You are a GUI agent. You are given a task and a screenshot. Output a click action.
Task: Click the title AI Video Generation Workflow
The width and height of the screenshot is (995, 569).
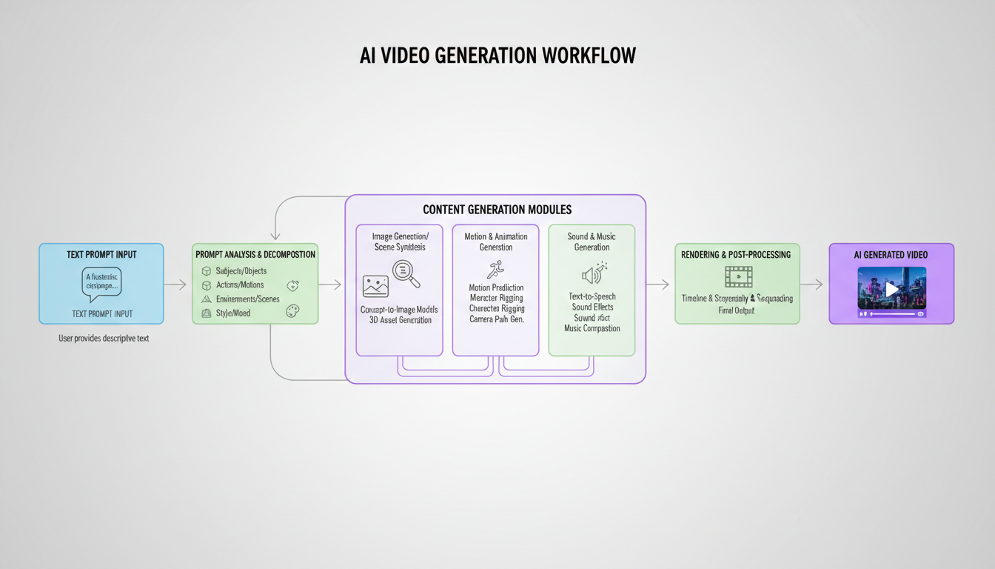coord(497,56)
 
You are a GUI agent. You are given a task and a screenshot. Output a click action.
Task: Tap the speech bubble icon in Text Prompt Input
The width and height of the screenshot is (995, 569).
coord(101,284)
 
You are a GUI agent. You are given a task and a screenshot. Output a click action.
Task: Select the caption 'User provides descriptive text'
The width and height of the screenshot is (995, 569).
coord(104,339)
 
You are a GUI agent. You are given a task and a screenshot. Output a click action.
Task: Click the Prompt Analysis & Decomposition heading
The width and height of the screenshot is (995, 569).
coord(255,255)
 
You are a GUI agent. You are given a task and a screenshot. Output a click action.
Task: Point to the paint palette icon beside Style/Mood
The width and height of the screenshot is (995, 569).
coord(292,312)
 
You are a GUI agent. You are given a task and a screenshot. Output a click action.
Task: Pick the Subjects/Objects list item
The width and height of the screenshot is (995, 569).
coord(241,271)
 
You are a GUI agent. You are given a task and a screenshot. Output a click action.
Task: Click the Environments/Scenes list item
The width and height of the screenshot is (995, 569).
coord(247,299)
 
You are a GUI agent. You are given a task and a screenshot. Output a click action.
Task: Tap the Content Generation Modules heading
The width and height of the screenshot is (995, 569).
coord(497,210)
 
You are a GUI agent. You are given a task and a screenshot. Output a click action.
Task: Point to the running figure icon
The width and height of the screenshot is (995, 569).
coord(495,270)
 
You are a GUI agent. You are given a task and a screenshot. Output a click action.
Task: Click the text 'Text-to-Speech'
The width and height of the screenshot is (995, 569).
coord(592,296)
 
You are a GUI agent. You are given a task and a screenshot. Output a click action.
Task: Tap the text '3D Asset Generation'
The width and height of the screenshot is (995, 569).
coord(400,320)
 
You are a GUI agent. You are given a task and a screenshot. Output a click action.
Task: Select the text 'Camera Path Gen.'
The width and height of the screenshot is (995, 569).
coord(496,319)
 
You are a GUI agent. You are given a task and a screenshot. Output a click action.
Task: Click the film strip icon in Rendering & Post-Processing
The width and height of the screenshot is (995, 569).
coord(738,277)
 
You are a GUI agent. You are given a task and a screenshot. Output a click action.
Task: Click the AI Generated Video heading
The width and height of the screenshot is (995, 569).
coord(891,255)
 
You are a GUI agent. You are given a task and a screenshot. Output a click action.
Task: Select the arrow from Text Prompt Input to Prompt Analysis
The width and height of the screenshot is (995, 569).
coord(175,284)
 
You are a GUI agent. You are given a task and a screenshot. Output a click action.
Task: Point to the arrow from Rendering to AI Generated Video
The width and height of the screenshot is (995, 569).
coord(811,284)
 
